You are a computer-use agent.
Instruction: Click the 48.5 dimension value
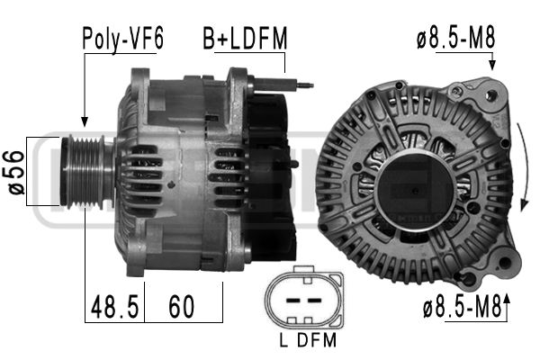tap(113, 309)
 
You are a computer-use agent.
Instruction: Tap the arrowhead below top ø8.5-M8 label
tap(493, 66)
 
